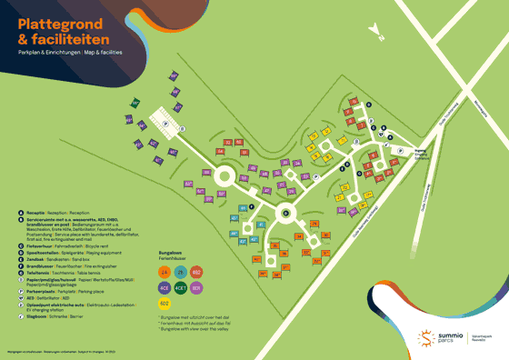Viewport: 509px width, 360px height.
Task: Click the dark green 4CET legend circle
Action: [181, 286]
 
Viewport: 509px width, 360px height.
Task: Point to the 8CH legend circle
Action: [197, 286]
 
